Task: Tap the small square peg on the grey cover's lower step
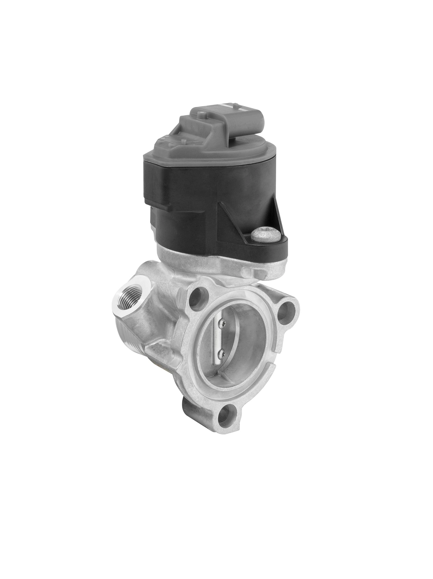point(183,141)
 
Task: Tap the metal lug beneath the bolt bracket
point(251,271)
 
